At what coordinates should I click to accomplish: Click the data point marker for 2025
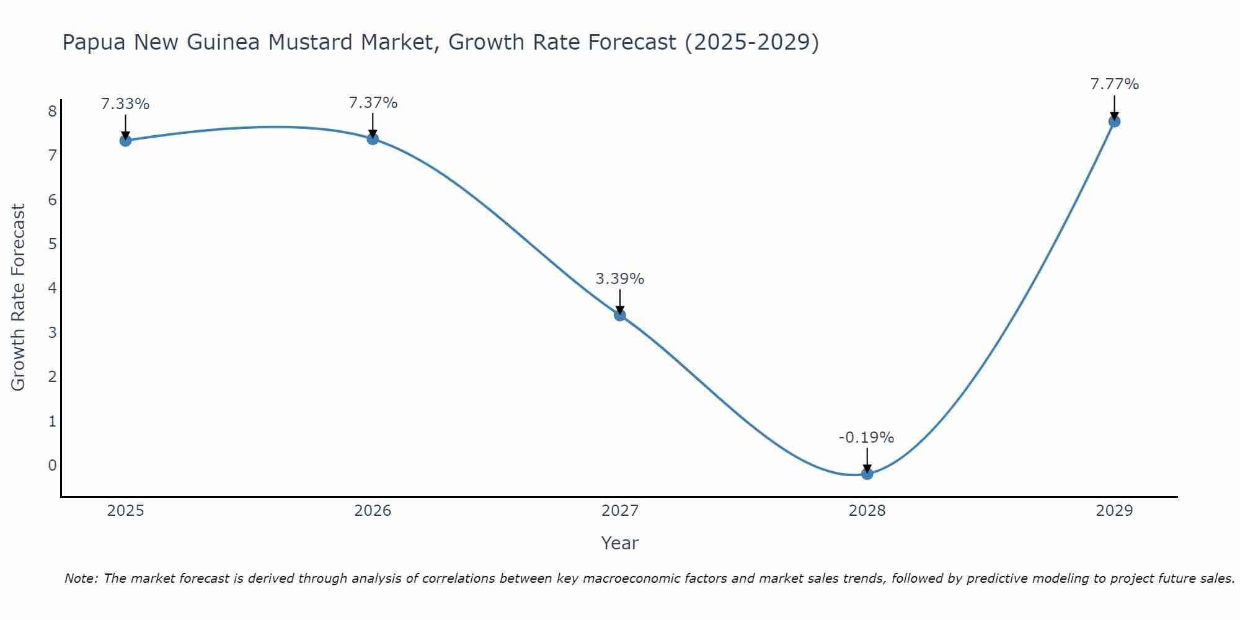pyautogui.click(x=125, y=140)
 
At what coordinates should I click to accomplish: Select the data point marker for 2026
pyautogui.click(x=373, y=138)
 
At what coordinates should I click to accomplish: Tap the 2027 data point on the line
pyautogui.click(x=620, y=315)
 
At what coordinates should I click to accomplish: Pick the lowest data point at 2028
pyautogui.click(x=867, y=474)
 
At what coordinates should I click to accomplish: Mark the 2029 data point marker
pyautogui.click(x=1114, y=121)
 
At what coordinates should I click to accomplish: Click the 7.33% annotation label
pyautogui.click(x=125, y=104)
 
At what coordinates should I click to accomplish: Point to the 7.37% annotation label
pyautogui.click(x=373, y=103)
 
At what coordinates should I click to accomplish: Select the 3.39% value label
pyautogui.click(x=620, y=279)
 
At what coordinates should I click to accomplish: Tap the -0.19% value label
pyautogui.click(x=866, y=438)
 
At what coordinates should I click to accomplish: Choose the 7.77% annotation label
pyautogui.click(x=1114, y=84)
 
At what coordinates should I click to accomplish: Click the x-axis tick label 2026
pyautogui.click(x=373, y=511)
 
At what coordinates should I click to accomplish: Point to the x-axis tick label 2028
pyautogui.click(x=867, y=511)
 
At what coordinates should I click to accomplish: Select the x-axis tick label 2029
pyautogui.click(x=1114, y=511)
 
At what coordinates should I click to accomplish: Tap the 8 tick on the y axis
pyautogui.click(x=52, y=111)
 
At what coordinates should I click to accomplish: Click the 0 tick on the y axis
pyautogui.click(x=52, y=465)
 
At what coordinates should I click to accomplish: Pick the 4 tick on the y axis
pyautogui.click(x=52, y=288)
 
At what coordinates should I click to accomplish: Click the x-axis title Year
pyautogui.click(x=619, y=543)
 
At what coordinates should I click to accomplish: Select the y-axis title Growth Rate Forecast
pyautogui.click(x=19, y=298)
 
